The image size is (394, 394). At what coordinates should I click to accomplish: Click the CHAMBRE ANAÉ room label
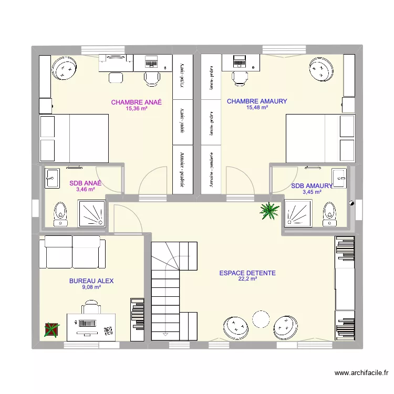point(136,102)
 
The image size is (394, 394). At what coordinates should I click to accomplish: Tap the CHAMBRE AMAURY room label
point(257,101)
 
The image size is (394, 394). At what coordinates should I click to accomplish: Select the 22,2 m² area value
point(247,279)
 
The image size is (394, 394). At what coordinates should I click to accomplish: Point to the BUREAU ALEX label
point(91,281)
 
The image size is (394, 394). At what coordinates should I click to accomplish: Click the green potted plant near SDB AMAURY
point(269,210)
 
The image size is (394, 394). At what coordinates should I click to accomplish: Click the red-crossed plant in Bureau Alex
point(52,329)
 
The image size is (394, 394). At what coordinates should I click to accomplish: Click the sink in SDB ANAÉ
point(53,178)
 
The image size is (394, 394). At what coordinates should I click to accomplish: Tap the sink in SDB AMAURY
point(339,178)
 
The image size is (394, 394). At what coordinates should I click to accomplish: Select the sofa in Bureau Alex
point(72,253)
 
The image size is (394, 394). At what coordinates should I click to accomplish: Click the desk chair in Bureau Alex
point(91,308)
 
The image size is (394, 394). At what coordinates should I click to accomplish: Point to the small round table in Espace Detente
point(261,319)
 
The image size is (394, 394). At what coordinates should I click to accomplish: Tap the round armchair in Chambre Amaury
point(320,69)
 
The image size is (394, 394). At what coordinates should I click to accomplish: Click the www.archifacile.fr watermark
point(361,374)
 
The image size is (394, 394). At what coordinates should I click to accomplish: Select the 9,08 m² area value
point(91,287)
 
